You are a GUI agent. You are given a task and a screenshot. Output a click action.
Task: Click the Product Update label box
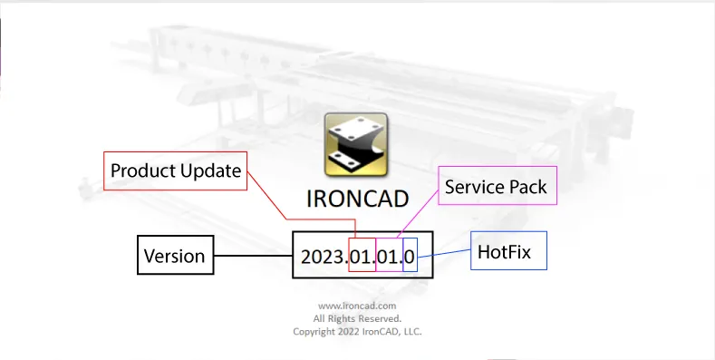[x=176, y=170]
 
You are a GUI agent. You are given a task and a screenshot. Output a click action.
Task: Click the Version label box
[x=174, y=257]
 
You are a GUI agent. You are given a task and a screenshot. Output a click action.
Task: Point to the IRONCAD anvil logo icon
[x=356, y=143]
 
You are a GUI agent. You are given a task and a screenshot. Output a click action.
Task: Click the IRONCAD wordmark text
[x=357, y=198]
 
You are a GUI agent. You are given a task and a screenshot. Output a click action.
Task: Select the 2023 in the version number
[x=324, y=258]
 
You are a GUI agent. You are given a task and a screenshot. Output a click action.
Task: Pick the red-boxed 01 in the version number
[x=362, y=258]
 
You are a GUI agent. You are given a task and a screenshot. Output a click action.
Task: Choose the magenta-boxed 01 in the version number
[x=389, y=258]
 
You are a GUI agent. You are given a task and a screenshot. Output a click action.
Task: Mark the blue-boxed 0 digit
[x=410, y=258]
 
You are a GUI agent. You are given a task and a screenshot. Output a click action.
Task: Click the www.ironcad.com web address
[x=357, y=306]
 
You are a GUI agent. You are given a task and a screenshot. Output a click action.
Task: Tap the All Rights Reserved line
[x=357, y=319]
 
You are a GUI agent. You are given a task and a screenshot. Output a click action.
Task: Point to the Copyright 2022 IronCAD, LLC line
[x=357, y=332]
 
